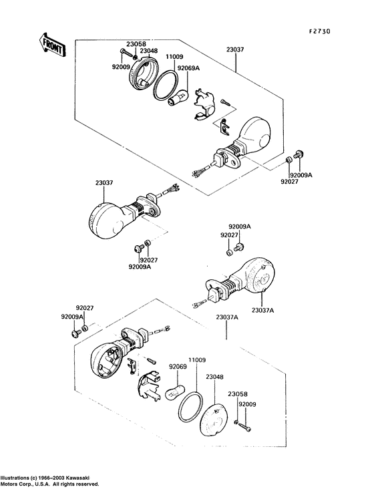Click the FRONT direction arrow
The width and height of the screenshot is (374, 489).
click(52, 45)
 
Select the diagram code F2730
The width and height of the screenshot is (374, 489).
click(320, 31)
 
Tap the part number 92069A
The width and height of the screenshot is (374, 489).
click(188, 67)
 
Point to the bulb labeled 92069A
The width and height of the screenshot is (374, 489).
click(179, 98)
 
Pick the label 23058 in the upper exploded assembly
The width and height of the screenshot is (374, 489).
click(136, 44)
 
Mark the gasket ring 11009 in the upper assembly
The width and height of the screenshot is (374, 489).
click(166, 85)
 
